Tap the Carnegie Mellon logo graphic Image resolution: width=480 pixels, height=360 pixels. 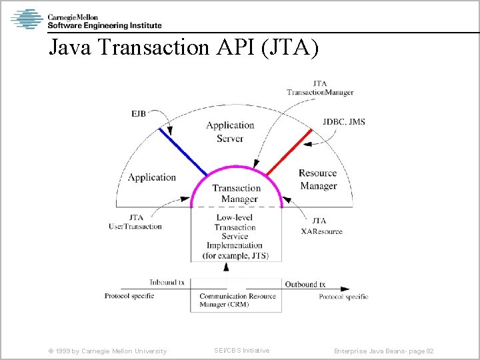click(x=27, y=19)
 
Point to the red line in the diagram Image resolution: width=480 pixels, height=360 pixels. click(x=289, y=153)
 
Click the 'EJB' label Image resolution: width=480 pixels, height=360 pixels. click(x=139, y=114)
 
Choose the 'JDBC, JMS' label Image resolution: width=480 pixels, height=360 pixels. click(x=344, y=122)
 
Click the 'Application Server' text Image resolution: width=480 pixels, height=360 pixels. click(x=230, y=132)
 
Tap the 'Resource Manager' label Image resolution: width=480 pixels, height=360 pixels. click(x=318, y=179)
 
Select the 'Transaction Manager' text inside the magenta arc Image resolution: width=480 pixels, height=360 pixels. click(x=236, y=193)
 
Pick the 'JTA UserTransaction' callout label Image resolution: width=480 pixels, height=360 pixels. click(x=135, y=222)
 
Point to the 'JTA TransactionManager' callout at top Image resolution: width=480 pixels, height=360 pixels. click(x=320, y=88)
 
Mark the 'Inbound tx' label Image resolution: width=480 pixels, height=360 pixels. click(x=167, y=282)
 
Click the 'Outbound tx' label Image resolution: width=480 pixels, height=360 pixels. click(x=305, y=284)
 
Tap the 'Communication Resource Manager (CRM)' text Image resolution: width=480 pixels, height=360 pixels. click(x=237, y=300)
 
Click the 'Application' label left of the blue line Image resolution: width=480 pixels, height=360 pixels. click(x=151, y=177)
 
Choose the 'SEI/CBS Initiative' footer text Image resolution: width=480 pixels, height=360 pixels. click(x=241, y=351)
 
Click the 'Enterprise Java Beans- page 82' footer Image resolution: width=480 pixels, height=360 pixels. click(x=384, y=351)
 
